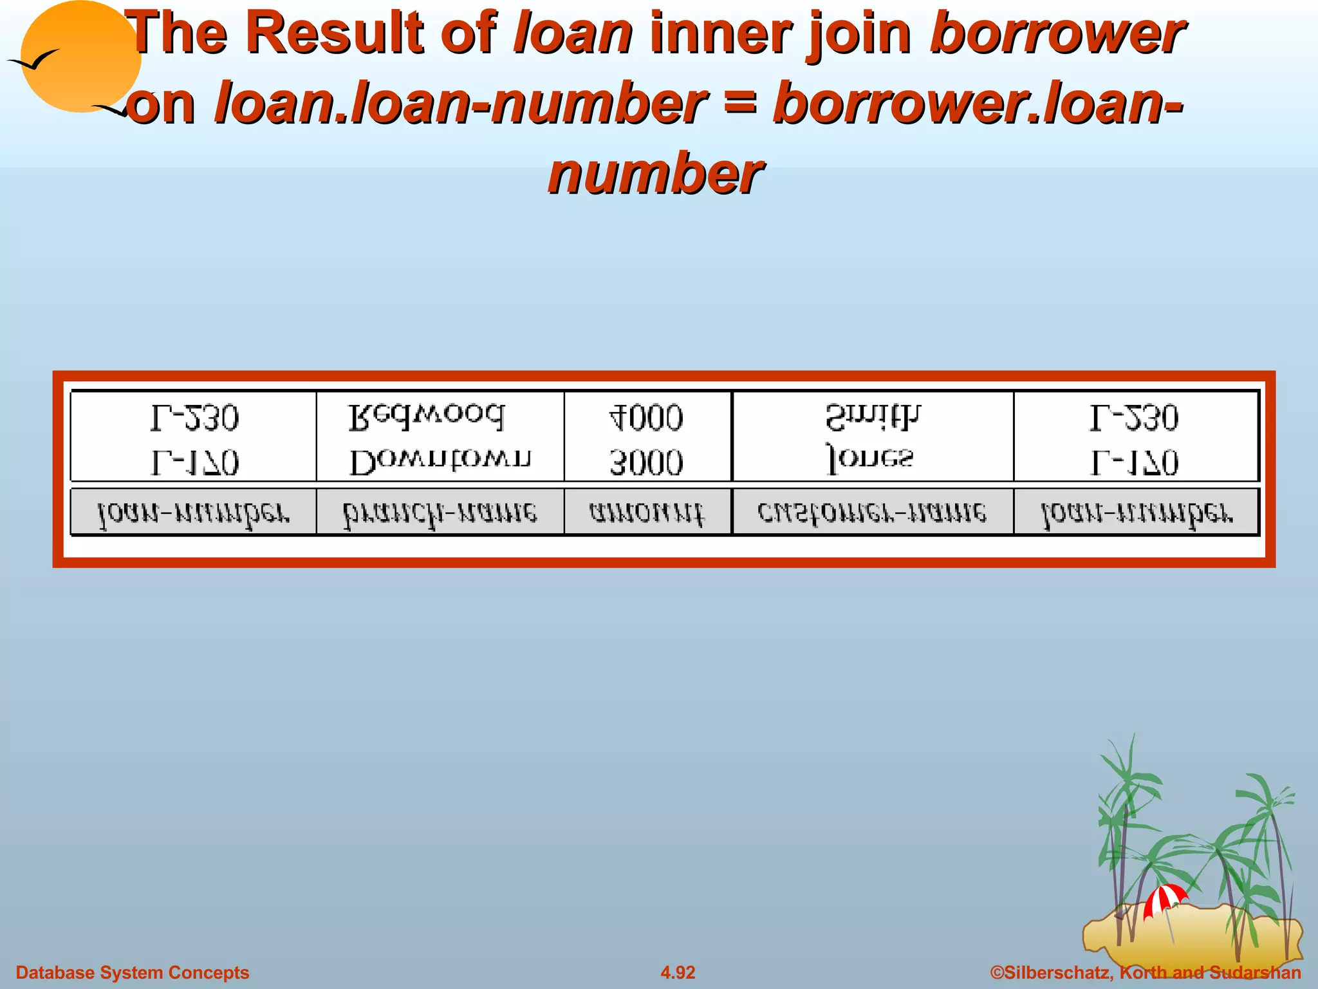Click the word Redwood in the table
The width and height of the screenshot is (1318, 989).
pyautogui.click(x=426, y=417)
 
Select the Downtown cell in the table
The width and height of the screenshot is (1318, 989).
pyautogui.click(x=440, y=461)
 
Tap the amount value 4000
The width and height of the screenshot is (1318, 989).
pyautogui.click(x=646, y=417)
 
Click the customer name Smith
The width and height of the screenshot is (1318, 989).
pyautogui.click(x=872, y=417)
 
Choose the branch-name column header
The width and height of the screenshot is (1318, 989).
pyautogui.click(x=440, y=513)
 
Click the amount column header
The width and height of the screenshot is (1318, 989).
pyautogui.click(x=647, y=513)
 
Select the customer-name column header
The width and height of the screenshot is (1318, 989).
pyautogui.click(x=872, y=513)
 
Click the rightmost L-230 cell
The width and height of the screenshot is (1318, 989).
pyautogui.click(x=1134, y=417)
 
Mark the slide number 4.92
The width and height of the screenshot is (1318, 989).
pyautogui.click(x=678, y=972)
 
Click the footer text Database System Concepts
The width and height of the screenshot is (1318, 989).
pyautogui.click(x=133, y=972)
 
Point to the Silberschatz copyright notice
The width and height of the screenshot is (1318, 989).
pyautogui.click(x=1146, y=972)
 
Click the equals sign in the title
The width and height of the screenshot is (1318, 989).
pyautogui.click(x=739, y=103)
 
